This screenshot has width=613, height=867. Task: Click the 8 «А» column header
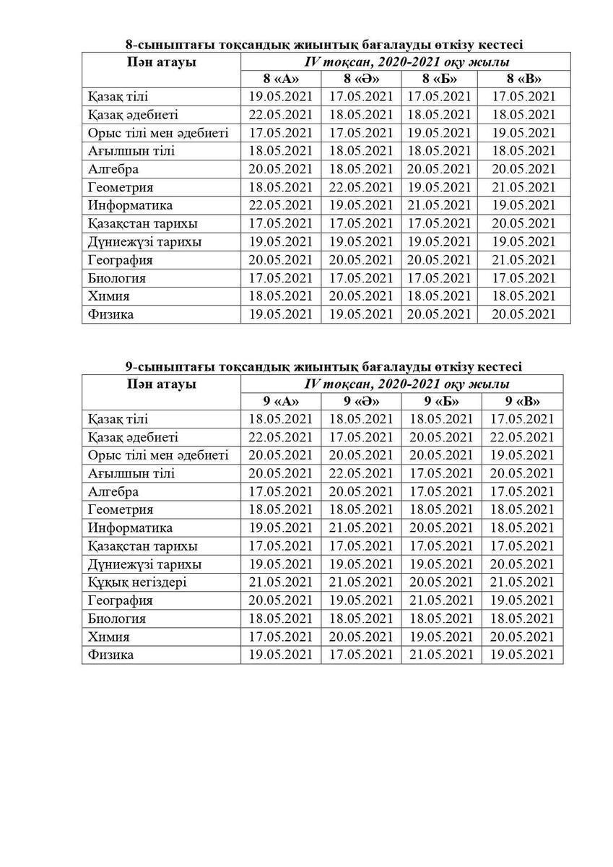[280, 79]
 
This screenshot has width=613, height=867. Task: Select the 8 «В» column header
[523, 79]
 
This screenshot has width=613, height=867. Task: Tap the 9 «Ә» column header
[361, 402]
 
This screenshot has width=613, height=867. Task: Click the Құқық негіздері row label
[137, 582]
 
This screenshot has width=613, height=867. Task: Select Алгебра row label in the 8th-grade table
[113, 169]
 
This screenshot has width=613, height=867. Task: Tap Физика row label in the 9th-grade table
[110, 655]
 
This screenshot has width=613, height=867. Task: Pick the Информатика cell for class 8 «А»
[280, 205]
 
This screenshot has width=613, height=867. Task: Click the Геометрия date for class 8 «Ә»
[361, 187]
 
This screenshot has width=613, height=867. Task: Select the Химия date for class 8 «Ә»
[361, 296]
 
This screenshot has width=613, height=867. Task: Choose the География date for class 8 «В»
[523, 259]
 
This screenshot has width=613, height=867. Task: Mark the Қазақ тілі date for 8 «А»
[280, 97]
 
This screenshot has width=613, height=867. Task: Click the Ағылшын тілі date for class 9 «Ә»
[361, 473]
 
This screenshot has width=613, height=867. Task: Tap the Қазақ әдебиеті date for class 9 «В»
[523, 437]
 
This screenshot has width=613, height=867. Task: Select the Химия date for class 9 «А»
[280, 637]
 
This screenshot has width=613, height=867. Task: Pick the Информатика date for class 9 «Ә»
[361, 527]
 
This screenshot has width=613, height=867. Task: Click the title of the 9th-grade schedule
[323, 366]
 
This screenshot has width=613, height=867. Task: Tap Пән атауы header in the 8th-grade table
[161, 62]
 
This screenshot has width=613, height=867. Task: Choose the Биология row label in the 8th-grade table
[116, 277]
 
